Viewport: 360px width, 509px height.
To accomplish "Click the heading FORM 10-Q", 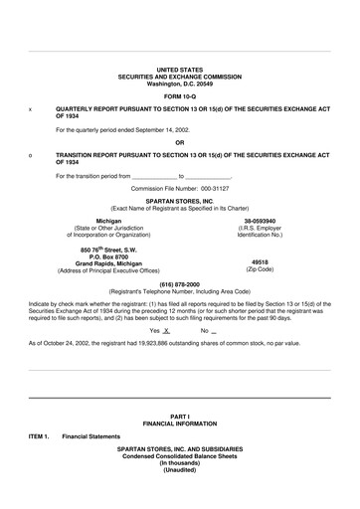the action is point(180,96).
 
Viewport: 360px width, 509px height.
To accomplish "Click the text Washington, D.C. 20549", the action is point(180,84).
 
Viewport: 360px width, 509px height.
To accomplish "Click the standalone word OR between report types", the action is point(180,141).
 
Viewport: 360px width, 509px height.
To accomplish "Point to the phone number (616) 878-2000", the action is point(180,282).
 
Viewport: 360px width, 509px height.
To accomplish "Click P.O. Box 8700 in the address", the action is point(108,256).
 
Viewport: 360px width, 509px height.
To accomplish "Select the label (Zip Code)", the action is point(260,270).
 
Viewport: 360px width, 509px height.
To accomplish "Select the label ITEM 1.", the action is point(39,434).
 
